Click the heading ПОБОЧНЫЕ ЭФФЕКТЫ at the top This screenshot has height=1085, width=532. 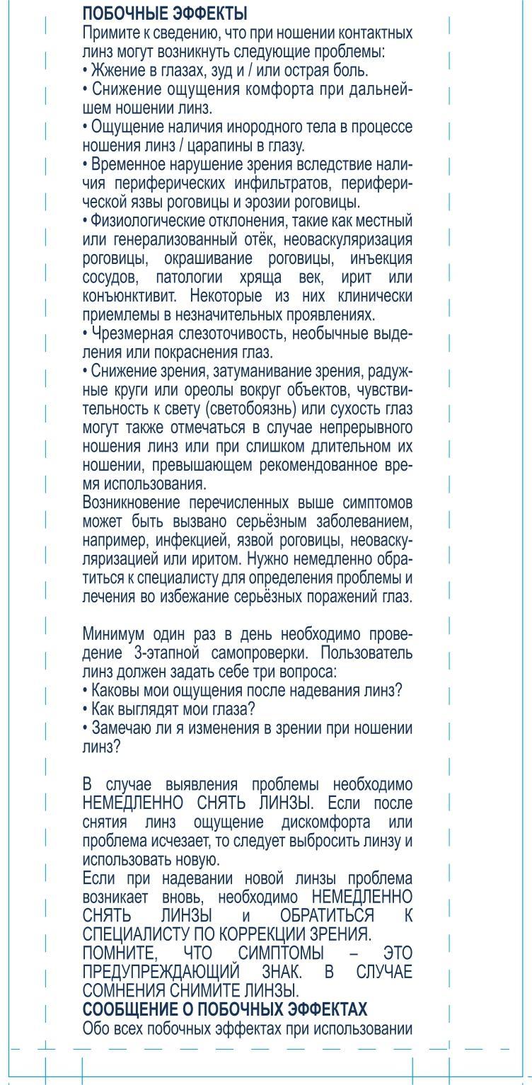pos(165,13)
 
